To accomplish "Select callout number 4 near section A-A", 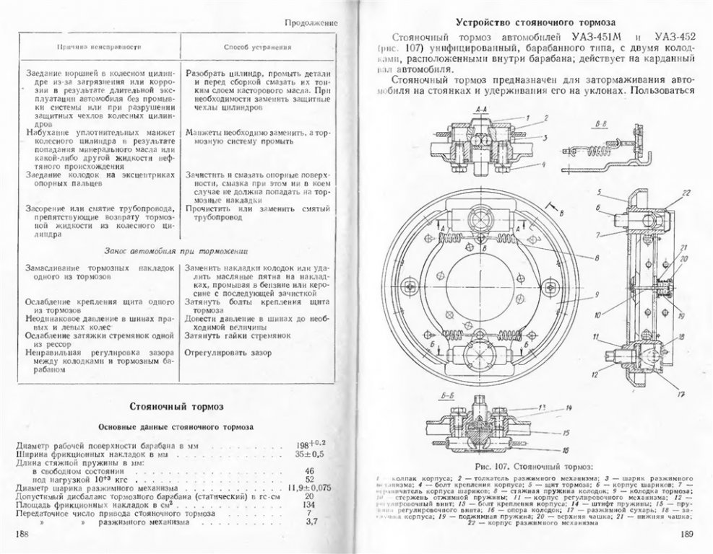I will pos(541,164).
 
